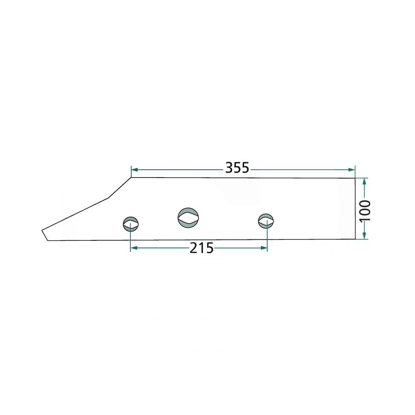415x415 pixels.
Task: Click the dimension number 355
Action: coord(237,168)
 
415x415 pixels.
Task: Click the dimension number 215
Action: coord(201,248)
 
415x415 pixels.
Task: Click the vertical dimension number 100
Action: coord(366,211)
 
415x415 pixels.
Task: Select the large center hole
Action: coord(188,218)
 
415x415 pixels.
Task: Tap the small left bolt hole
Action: coord(131,224)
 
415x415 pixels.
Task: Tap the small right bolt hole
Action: coord(266,221)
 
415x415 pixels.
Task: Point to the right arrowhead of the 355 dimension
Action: coord(352,169)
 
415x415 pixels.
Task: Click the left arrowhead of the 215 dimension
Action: coord(134,248)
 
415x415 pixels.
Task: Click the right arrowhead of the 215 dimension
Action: coord(264,248)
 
